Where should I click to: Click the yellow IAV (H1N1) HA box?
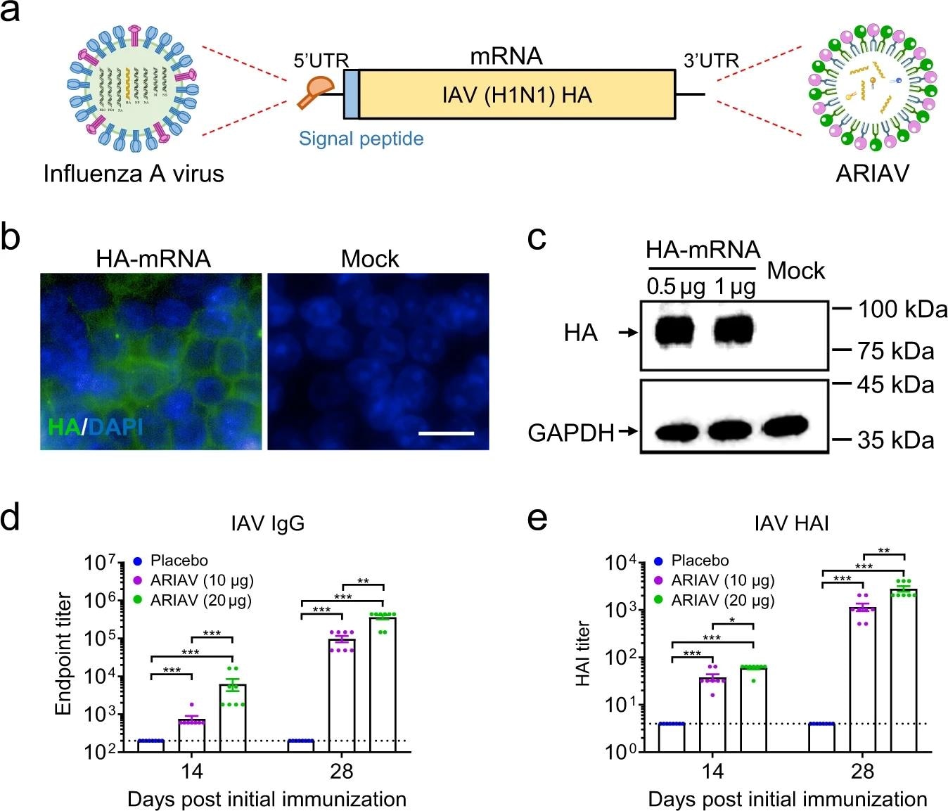click(x=517, y=94)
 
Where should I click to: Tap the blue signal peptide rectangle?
click(x=351, y=94)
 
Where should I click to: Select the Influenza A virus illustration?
click(x=133, y=89)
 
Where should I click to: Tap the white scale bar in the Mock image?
click(x=447, y=433)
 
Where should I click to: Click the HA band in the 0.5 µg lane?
click(x=674, y=331)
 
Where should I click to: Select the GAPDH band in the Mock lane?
click(x=785, y=426)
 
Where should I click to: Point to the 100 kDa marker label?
click(x=902, y=309)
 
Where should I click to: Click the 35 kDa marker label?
click(x=895, y=440)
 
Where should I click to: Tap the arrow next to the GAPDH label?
click(x=628, y=430)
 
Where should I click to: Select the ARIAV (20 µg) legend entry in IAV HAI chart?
click(x=722, y=601)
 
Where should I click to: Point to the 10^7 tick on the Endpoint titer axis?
click(x=100, y=563)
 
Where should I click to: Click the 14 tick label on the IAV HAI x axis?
click(x=712, y=771)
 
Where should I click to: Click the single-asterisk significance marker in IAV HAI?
click(x=733, y=620)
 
